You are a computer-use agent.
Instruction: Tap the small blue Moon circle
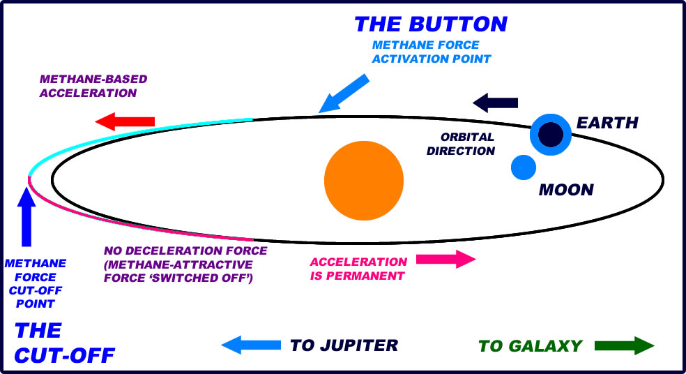[523, 167]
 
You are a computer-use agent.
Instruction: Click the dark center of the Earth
[551, 133]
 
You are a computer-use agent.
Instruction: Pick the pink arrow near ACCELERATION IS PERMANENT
[446, 260]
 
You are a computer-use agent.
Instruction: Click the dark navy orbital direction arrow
[496, 103]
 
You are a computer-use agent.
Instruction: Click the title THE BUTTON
[431, 24]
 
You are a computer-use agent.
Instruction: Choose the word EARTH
[607, 124]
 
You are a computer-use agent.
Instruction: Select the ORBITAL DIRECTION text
[467, 144]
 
